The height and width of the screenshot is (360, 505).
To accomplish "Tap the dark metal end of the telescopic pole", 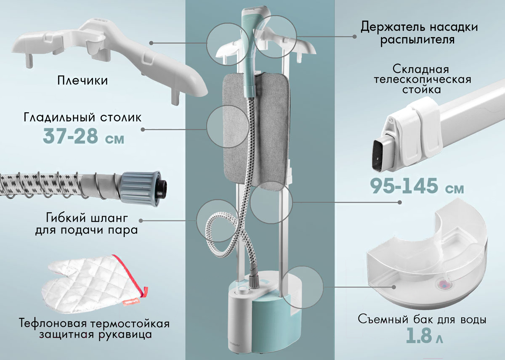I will pos(381,152).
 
